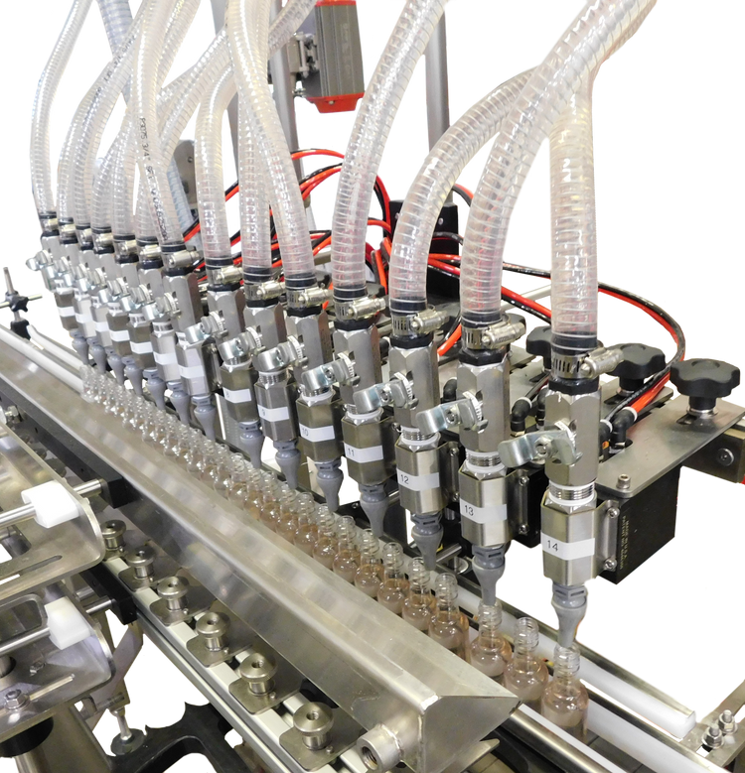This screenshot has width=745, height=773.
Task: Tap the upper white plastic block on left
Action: point(45,500)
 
